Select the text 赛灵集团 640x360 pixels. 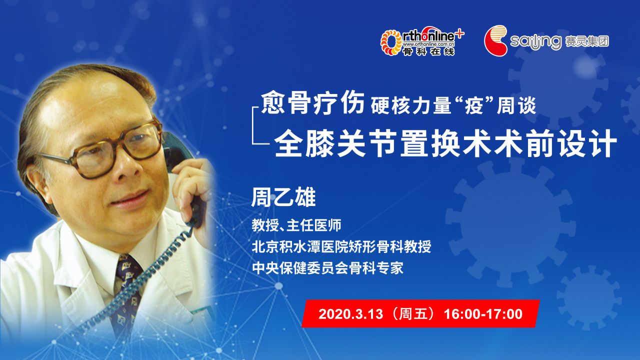click(x=587, y=41)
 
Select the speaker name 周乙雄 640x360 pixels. click(x=283, y=197)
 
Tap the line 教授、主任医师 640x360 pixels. click(x=296, y=225)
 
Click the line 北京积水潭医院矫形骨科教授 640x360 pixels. click(x=341, y=246)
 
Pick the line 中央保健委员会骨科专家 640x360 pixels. click(x=327, y=268)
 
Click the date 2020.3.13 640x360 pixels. click(x=350, y=314)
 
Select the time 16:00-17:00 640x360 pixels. click(x=483, y=314)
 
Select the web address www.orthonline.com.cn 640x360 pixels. click(x=428, y=44)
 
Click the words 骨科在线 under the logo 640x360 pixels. click(x=428, y=51)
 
